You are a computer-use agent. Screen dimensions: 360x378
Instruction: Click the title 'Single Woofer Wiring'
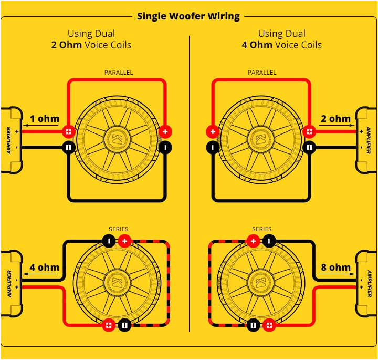tap(188, 16)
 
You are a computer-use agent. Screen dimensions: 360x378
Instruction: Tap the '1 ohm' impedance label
tap(44, 118)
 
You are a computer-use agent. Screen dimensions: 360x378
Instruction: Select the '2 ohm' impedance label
tap(335, 118)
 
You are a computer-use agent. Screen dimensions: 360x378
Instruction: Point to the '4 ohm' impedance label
tap(44, 267)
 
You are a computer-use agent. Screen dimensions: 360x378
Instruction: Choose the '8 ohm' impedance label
tap(335, 267)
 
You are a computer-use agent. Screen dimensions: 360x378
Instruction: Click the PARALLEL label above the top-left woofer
tap(119, 73)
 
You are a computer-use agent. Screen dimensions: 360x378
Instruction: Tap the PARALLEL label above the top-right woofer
tap(262, 73)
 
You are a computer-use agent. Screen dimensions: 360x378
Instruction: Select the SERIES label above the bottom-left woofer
tap(118, 229)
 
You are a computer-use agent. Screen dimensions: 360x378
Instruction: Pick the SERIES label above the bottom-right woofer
tap(262, 229)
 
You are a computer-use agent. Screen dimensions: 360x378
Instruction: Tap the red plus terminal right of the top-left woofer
tap(165, 131)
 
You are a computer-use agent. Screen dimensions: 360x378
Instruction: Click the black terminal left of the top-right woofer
tap(213, 148)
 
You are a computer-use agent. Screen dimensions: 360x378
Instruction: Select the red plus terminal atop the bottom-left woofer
tap(124, 241)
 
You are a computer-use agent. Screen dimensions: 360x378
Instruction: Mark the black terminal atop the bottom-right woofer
tap(269, 241)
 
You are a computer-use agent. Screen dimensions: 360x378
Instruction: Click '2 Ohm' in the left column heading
tap(66, 45)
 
